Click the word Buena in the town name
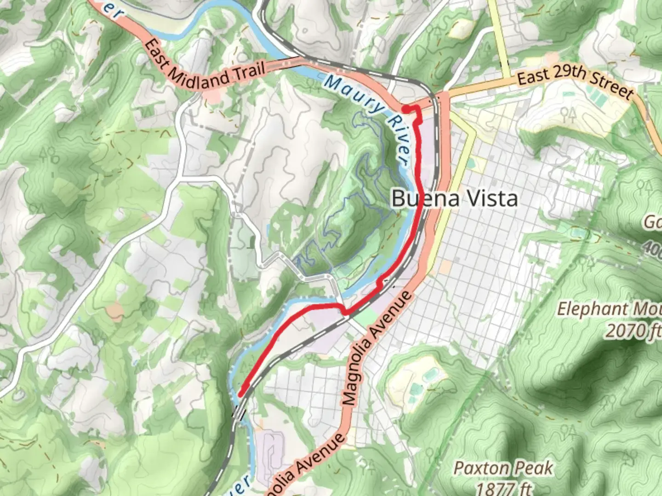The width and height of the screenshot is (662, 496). (x=419, y=198)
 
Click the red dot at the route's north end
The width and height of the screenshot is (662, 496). (x=406, y=109)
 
